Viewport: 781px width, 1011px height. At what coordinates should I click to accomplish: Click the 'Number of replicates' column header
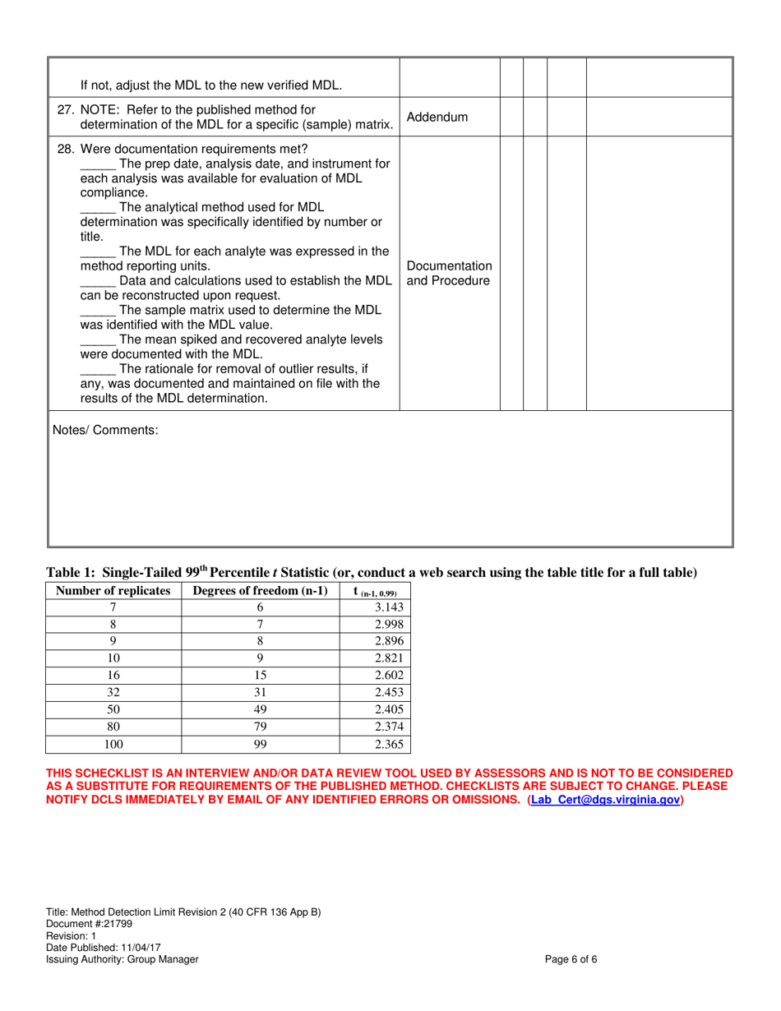pos(113,590)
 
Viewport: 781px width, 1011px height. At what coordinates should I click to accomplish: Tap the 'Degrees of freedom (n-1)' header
pos(260,590)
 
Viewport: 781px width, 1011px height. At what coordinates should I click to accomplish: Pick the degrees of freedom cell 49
pos(260,710)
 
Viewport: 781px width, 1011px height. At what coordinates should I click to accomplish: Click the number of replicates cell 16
pos(113,676)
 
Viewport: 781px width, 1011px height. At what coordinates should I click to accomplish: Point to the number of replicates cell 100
pos(113,745)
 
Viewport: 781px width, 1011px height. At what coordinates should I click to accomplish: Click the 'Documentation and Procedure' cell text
pos(449,274)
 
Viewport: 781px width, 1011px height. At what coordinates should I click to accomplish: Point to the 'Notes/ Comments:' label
pos(105,430)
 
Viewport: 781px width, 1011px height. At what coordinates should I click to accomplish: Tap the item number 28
pos(65,149)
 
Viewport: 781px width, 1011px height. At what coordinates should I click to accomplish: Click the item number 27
pos(65,109)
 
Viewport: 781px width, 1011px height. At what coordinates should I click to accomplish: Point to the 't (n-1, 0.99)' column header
pos(375,591)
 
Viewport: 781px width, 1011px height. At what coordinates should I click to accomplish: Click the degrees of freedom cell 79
pos(260,727)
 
